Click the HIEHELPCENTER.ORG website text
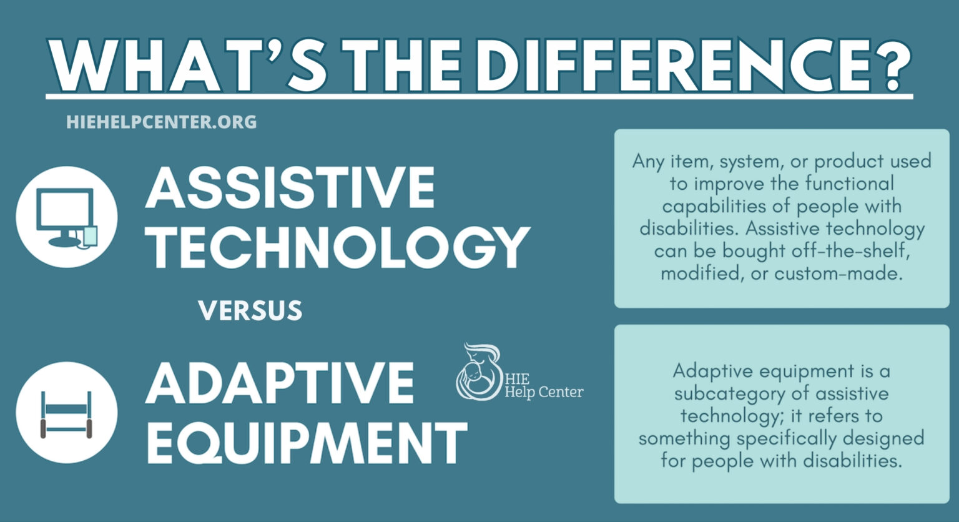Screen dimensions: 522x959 click(x=161, y=122)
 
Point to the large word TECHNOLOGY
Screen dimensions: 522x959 click(x=337, y=247)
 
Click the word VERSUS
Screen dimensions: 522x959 click(x=250, y=311)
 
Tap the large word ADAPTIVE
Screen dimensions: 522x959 click(x=280, y=382)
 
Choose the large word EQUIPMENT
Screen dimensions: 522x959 click(x=306, y=441)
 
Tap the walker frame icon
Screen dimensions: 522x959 click(x=66, y=413)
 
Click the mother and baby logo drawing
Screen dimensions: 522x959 click(x=478, y=372)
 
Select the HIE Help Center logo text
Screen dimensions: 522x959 click(x=543, y=387)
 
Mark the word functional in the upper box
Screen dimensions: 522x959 click(x=849, y=184)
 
